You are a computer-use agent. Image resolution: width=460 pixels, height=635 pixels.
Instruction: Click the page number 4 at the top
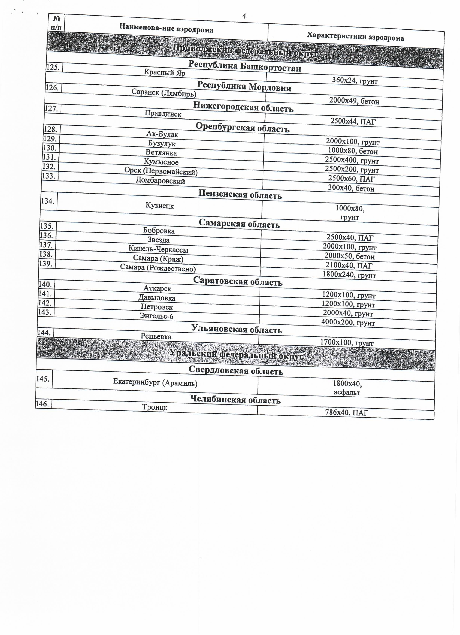(244, 16)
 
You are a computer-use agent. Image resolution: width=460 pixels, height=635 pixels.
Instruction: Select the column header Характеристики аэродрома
(355, 37)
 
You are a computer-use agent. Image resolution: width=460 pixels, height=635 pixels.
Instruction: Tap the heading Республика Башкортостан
(245, 66)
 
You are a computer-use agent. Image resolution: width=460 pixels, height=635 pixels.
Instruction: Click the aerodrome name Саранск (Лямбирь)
(164, 93)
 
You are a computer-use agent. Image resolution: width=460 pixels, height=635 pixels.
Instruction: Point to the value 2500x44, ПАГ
(353, 121)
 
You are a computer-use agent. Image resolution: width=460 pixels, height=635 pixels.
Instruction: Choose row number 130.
(50, 148)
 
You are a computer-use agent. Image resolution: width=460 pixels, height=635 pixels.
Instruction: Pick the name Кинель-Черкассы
(158, 249)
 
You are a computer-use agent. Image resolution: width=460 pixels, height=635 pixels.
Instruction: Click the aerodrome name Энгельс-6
(156, 316)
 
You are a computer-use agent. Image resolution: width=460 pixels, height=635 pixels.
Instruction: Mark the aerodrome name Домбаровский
(160, 181)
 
